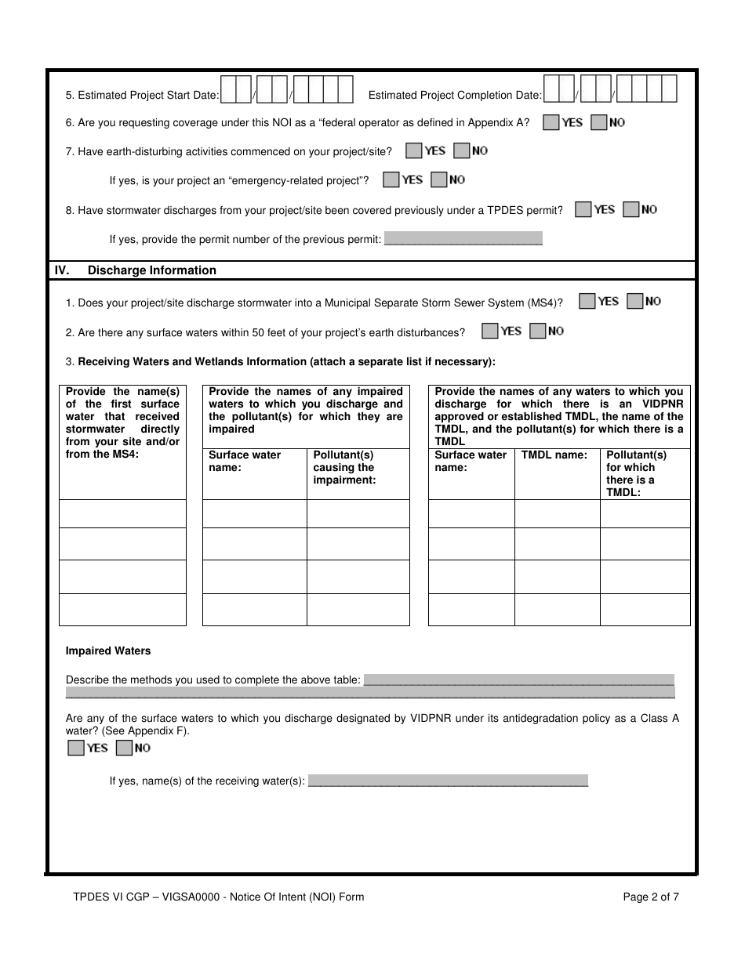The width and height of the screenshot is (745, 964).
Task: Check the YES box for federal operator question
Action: pos(551,122)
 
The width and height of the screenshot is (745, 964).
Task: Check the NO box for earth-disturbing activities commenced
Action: pos(462,150)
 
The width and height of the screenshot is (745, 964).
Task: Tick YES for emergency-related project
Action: pos(391,179)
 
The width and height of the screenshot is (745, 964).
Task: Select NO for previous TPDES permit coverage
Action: pos(631,209)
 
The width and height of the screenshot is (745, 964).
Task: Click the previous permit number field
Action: pos(463,239)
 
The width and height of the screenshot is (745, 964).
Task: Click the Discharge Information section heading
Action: pos(151,270)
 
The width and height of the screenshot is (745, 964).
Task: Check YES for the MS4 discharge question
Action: pos(587,301)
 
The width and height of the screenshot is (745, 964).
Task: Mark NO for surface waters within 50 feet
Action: pos(538,332)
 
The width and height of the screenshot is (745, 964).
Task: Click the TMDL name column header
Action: pos(554,455)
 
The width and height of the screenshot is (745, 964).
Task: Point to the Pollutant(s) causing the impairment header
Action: pos(344,467)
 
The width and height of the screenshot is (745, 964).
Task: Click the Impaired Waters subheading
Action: pos(108,651)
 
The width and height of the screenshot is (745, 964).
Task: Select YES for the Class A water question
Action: pos(76,748)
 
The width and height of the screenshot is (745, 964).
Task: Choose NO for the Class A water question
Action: pos(124,748)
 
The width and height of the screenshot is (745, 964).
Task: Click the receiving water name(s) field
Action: pos(448,781)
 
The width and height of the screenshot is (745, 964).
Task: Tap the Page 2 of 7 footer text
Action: pos(651,897)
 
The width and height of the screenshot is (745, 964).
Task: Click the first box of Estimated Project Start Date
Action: pos(228,90)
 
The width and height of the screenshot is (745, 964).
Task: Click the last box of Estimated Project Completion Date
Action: pos(668,90)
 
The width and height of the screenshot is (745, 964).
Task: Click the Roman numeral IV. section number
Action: pos(62,270)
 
